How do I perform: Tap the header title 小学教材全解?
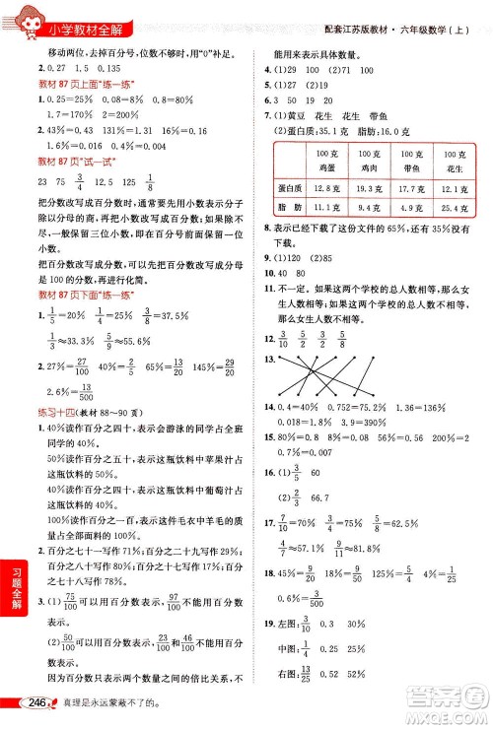pos(85,28)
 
